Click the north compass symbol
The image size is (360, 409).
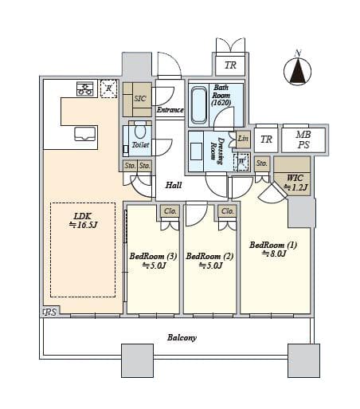coord(297,70)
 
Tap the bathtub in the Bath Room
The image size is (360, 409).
coord(199,104)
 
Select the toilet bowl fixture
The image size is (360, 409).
coord(140,131)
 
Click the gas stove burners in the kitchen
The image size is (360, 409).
coord(85,88)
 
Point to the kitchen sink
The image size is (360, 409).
coord(85,134)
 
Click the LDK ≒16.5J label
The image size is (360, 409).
coord(83,220)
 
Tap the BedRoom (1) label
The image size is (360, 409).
coord(273,249)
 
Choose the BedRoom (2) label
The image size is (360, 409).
coord(209,261)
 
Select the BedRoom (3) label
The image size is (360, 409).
coord(153,261)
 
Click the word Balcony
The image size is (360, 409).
coord(182,337)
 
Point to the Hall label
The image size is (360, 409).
coord(174,185)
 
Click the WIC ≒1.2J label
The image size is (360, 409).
coord(295,183)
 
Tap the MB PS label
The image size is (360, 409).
coord(303,140)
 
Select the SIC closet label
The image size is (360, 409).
coord(140,99)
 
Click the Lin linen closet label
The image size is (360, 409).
coord(243,139)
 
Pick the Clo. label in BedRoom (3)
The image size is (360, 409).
coord(170,211)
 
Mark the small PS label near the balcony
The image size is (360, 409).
coord(50,312)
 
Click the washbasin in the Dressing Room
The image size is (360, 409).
coord(196,151)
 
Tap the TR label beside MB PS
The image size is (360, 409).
coord(266,140)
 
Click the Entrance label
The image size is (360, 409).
coord(170,110)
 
